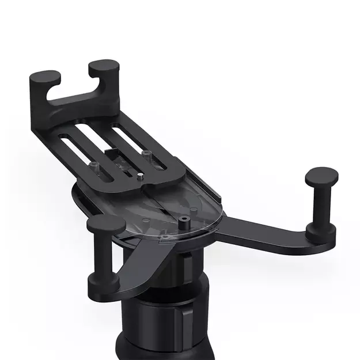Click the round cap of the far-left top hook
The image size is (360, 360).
(45, 76)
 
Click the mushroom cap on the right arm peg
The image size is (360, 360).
(321, 175)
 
